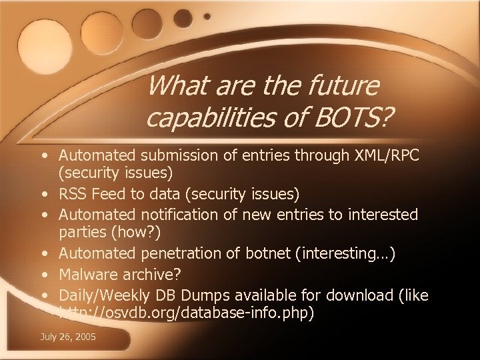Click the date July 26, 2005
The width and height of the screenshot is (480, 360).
(x=69, y=338)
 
